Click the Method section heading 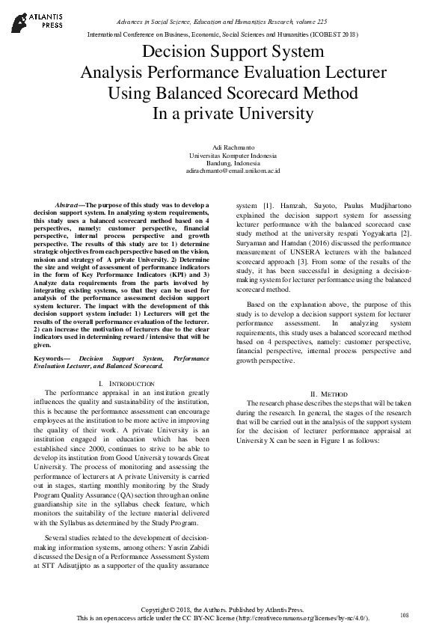click(x=328, y=393)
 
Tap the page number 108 click(x=405, y=615)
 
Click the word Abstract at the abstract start click(x=70, y=204)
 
